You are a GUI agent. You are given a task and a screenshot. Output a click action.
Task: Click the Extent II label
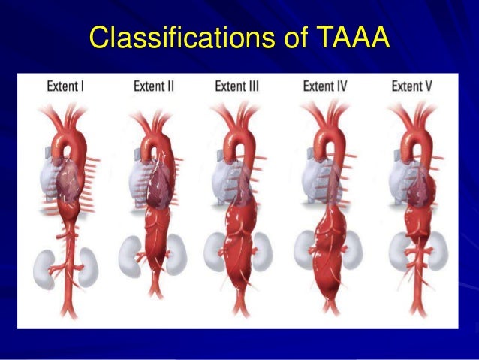point(154,86)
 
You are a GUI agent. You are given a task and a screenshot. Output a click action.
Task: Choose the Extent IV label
point(326,86)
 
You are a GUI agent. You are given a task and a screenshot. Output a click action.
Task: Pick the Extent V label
point(412,86)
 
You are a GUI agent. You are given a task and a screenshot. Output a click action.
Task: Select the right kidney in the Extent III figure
point(261,248)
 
